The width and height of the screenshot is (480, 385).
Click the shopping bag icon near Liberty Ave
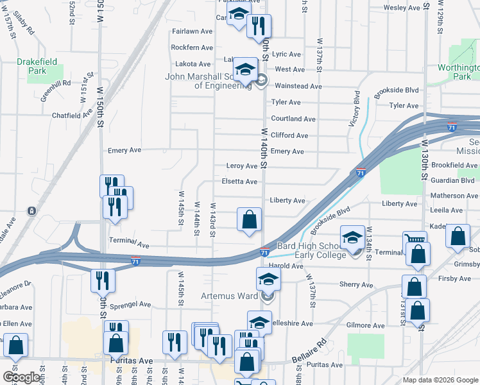[x=250, y=219]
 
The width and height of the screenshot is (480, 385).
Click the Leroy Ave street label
[x=242, y=166]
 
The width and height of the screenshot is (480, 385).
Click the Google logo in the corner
[x=21, y=377]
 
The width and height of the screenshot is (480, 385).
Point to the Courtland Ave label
[x=293, y=119]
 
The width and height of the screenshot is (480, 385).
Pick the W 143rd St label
[x=212, y=221]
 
